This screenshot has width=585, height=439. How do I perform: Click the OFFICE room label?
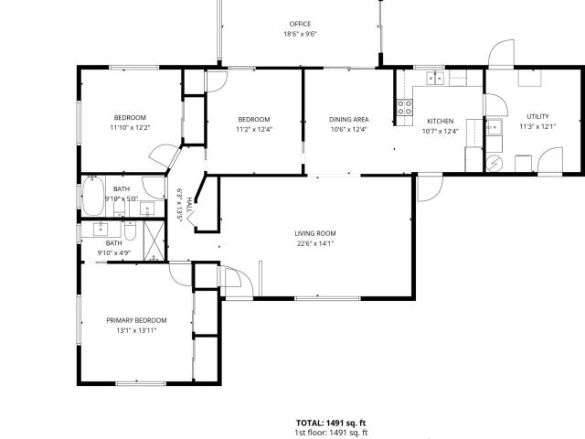(x=300, y=24)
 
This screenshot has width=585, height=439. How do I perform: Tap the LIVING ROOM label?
(x=315, y=234)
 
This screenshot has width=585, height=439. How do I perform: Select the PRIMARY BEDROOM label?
(x=136, y=320)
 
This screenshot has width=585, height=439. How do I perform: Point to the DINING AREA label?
(x=349, y=120)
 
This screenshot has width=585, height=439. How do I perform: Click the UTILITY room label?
(x=537, y=116)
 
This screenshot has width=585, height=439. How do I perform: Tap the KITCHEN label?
(x=441, y=122)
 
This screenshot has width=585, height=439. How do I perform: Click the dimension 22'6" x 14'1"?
(x=315, y=244)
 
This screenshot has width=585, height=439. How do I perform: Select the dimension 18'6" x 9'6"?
(x=300, y=34)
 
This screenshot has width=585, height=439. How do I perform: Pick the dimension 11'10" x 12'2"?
(x=130, y=128)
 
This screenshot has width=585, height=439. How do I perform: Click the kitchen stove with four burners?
(x=405, y=107)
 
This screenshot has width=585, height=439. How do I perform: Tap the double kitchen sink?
(x=435, y=79)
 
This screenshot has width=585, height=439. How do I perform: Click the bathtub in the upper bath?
(x=93, y=197)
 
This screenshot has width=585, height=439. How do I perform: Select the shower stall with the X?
(x=154, y=241)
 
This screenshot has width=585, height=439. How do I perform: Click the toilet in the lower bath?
(x=130, y=230)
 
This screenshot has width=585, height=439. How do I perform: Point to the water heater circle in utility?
(x=495, y=163)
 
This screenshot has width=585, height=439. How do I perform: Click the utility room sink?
(x=494, y=127)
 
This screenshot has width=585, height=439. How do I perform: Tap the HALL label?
(x=189, y=205)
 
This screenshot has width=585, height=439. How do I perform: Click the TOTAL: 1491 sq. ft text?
(x=331, y=423)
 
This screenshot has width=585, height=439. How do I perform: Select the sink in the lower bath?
(x=101, y=230)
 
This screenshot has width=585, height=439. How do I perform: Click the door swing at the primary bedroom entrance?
(x=181, y=274)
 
